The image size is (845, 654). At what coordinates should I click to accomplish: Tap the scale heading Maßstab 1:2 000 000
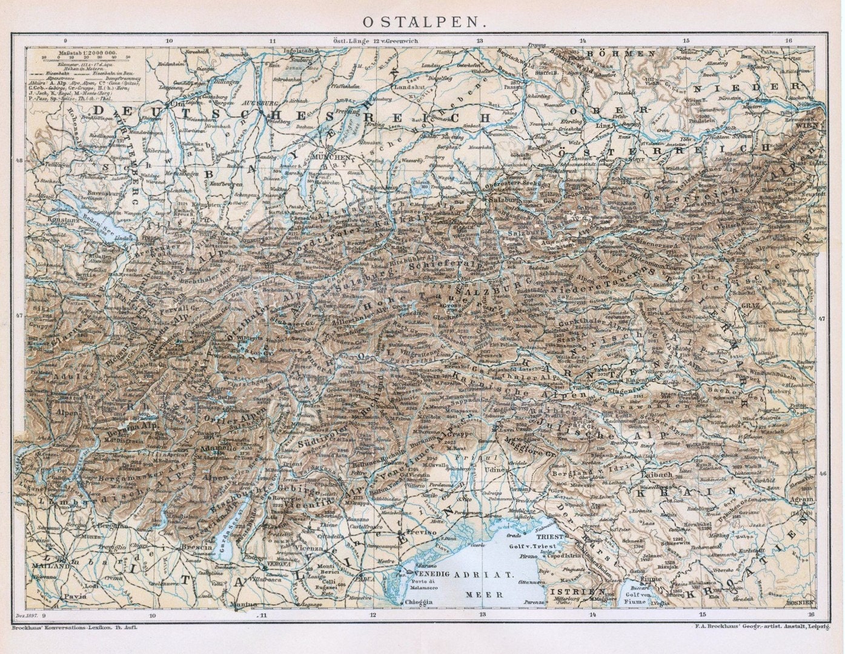pyautogui.click(x=81, y=53)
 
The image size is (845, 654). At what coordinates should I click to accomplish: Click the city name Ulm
pyautogui.click(x=176, y=105)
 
